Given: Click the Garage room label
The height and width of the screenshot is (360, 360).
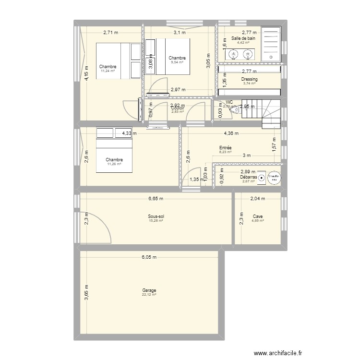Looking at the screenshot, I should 149,290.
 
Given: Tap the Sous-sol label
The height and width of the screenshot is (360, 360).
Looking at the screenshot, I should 156,216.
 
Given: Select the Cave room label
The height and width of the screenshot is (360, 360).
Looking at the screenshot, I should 257,216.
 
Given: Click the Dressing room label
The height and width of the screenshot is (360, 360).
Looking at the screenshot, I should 250,79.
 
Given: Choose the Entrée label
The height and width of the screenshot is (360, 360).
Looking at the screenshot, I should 225,148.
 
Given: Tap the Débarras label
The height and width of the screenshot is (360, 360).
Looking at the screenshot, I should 249,177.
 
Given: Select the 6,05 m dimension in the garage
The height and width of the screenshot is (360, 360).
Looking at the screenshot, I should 149,257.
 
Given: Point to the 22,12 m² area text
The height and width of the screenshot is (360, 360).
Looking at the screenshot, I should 149,295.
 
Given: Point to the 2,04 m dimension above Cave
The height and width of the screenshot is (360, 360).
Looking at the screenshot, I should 257,198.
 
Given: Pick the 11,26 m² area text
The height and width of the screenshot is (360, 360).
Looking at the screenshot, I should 114,164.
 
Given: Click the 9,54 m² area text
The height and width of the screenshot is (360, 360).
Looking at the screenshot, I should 177,62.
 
